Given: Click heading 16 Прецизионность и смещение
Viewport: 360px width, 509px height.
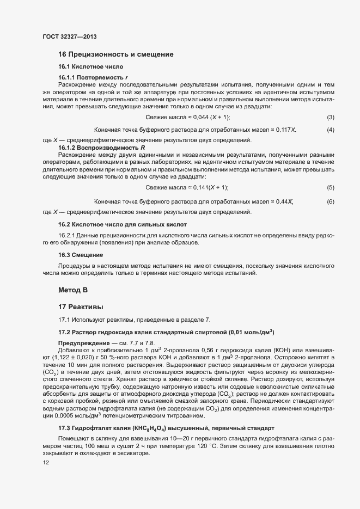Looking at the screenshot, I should pyautogui.click(x=115, y=54).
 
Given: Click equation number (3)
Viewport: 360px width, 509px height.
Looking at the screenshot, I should pyautogui.click(x=330, y=118).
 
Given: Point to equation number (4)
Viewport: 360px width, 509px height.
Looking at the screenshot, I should pyautogui.click(x=330, y=130).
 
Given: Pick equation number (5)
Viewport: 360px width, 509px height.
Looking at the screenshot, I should pyautogui.click(x=330, y=187).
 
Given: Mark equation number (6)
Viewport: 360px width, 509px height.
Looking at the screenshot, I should pyautogui.click(x=330, y=202).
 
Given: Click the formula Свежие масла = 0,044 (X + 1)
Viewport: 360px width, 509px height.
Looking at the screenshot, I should pyautogui.click(x=188, y=118).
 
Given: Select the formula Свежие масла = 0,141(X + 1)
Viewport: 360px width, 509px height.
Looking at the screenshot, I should pyautogui.click(x=187, y=187).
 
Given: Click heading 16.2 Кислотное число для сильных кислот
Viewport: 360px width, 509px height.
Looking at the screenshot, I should pyautogui.click(x=123, y=224).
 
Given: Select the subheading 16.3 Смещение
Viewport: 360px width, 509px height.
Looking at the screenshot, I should pyautogui.click(x=81, y=255).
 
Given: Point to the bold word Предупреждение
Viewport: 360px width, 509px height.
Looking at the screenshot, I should pyautogui.click(x=83, y=341).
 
